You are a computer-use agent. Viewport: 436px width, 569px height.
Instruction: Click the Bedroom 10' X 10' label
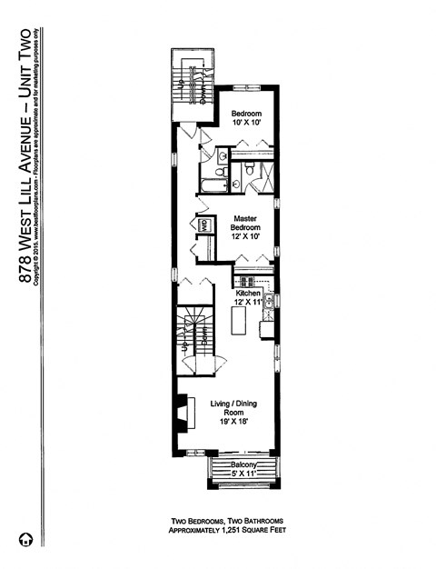click(245, 117)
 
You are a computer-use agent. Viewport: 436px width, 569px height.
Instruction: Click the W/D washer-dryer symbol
click(205, 225)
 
